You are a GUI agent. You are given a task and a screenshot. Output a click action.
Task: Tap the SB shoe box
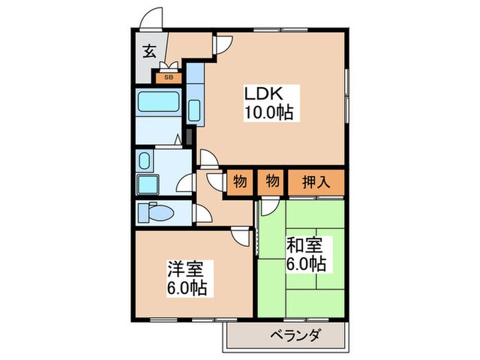168,77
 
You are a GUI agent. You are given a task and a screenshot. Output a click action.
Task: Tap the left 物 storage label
239,182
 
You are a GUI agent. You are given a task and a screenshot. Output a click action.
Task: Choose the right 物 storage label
272,182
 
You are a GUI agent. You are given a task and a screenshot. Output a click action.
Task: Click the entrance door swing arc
152,17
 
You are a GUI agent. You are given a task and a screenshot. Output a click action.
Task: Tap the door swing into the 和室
269,206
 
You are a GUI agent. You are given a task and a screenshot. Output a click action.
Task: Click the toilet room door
202,213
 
